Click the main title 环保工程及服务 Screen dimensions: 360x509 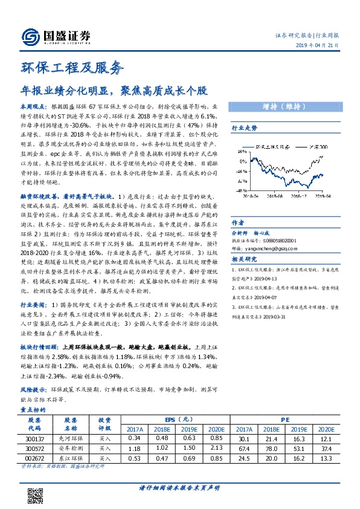pyautogui.click(x=72, y=67)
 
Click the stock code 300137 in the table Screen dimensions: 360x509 pyautogui.click(x=35, y=438)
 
